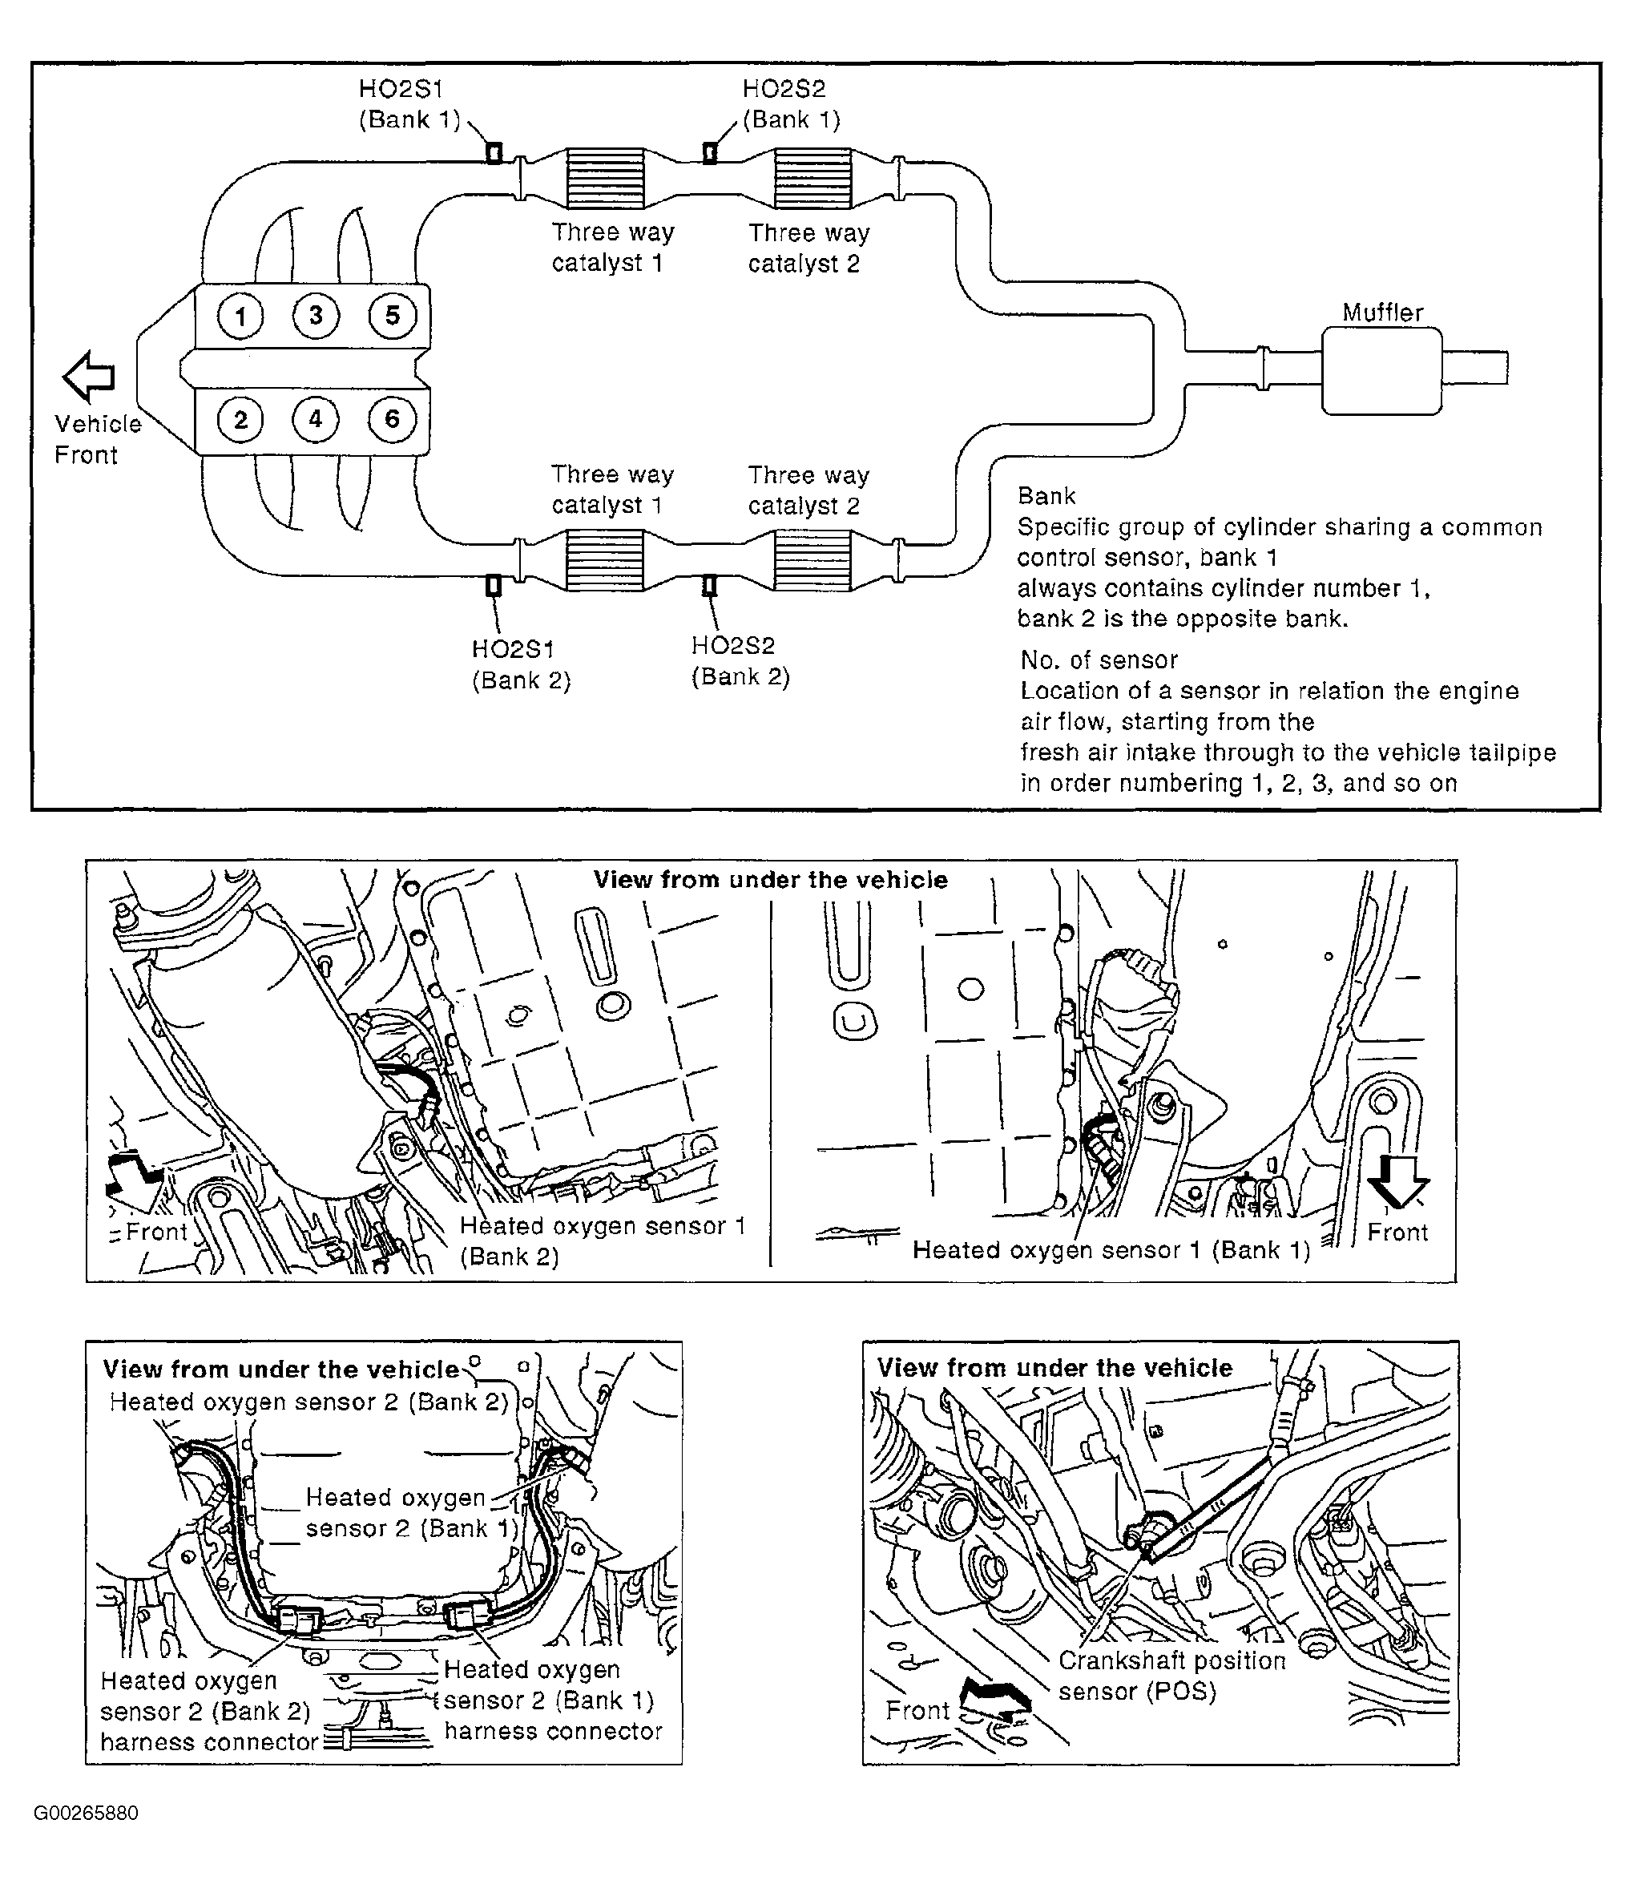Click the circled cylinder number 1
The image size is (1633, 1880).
pyautogui.click(x=240, y=317)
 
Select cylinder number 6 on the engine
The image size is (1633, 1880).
pyautogui.click(x=392, y=419)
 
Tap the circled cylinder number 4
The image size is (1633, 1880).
pyautogui.click(x=315, y=419)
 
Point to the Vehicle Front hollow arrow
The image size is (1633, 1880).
pyautogui.click(x=88, y=377)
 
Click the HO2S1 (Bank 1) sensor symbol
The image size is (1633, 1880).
pyautogui.click(x=494, y=152)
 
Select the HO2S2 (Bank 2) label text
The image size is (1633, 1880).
pyautogui.click(x=739, y=660)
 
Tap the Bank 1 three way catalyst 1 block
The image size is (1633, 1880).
pyautogui.click(x=605, y=179)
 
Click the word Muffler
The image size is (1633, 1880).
pyautogui.click(x=1381, y=313)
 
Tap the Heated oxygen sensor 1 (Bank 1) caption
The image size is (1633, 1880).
pyautogui.click(x=1111, y=1250)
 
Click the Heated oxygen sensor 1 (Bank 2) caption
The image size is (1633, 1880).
pyautogui.click(x=602, y=1241)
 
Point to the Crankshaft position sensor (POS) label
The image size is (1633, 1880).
pyautogui.click(x=1171, y=1675)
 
